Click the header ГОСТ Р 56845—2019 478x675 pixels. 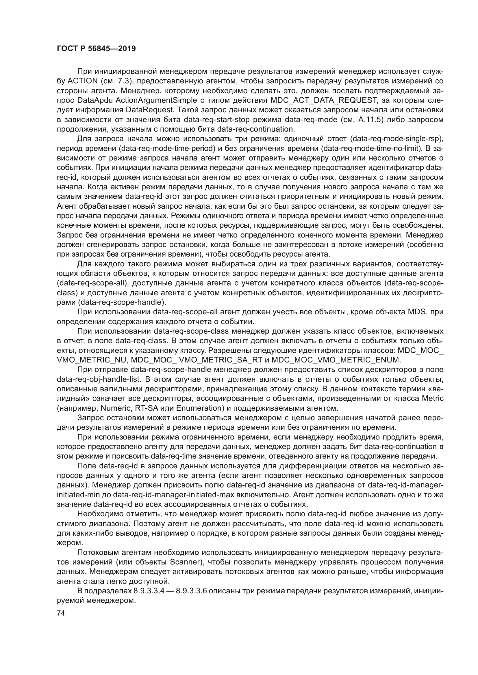96,49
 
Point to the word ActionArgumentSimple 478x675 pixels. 156,100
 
